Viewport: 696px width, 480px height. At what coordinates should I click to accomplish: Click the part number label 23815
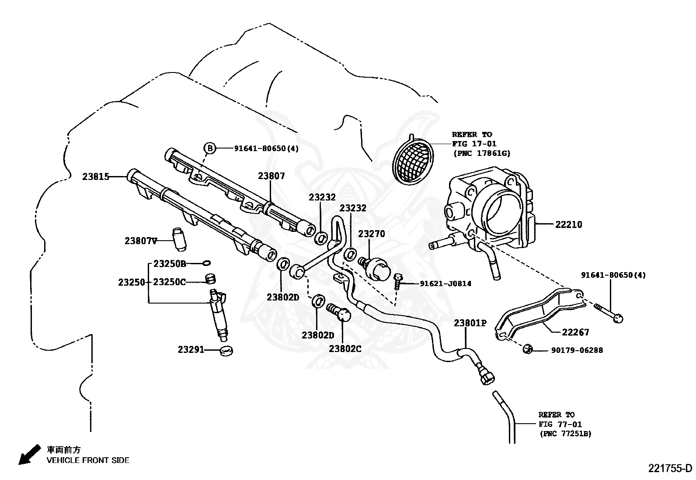pyautogui.click(x=95, y=177)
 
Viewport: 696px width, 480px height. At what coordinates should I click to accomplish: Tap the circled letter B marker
pyautogui.click(x=210, y=148)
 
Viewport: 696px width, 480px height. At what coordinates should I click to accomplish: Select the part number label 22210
pyautogui.click(x=569, y=224)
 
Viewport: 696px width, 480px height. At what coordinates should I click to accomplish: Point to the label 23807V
pyautogui.click(x=140, y=241)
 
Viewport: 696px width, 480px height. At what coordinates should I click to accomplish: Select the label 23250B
pyautogui.click(x=170, y=264)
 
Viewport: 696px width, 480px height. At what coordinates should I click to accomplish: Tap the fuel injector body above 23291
pyautogui.click(x=219, y=315)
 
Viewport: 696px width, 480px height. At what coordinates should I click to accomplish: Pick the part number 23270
pyautogui.click(x=372, y=234)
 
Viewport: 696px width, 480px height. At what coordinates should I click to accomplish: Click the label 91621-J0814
pyautogui.click(x=445, y=283)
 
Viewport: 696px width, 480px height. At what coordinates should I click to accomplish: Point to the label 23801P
pyautogui.click(x=470, y=323)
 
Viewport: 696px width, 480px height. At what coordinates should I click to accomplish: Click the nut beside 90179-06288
pyautogui.click(x=527, y=349)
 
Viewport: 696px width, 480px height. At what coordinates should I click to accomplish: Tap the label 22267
pyautogui.click(x=575, y=332)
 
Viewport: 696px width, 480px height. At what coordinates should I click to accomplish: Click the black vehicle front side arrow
pyautogui.click(x=27, y=455)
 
